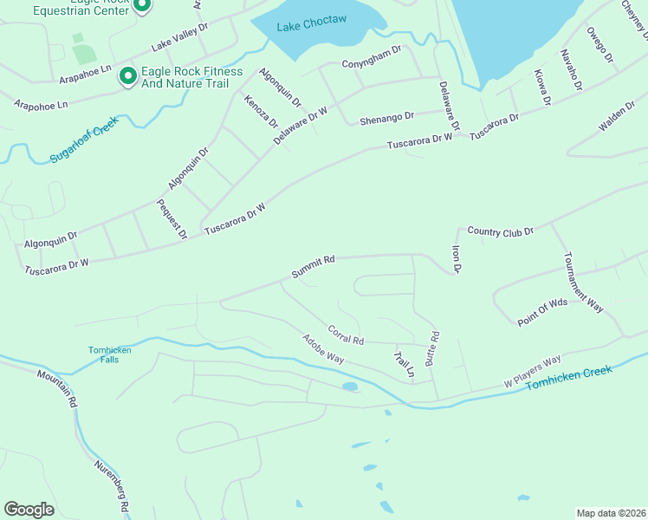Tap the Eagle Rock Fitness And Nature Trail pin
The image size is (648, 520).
click(x=128, y=77)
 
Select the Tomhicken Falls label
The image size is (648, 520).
click(x=110, y=354)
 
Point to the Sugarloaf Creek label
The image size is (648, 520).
click(x=83, y=143)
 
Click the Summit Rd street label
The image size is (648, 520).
click(x=313, y=267)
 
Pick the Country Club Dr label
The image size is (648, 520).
click(x=500, y=231)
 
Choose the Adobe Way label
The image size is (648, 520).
click(x=323, y=348)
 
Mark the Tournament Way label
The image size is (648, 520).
click(x=582, y=282)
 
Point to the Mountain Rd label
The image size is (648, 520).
click(x=57, y=389)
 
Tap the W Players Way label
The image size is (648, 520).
click(x=533, y=372)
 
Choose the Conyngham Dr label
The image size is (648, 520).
click(x=372, y=62)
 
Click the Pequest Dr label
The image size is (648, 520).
click(x=172, y=218)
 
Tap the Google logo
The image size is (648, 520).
click(x=29, y=510)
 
